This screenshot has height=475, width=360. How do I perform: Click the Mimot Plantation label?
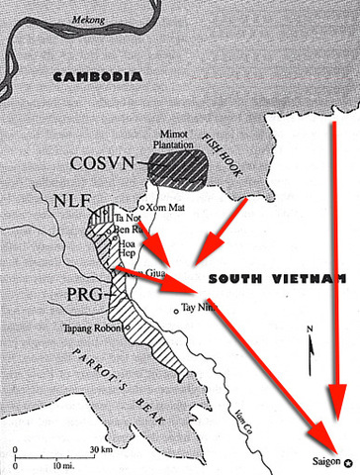(178, 139)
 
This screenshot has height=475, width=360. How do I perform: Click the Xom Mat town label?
(163, 208)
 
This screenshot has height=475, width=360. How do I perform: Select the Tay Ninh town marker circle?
(176, 311)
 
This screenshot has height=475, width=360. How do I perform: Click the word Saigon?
(326, 461)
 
